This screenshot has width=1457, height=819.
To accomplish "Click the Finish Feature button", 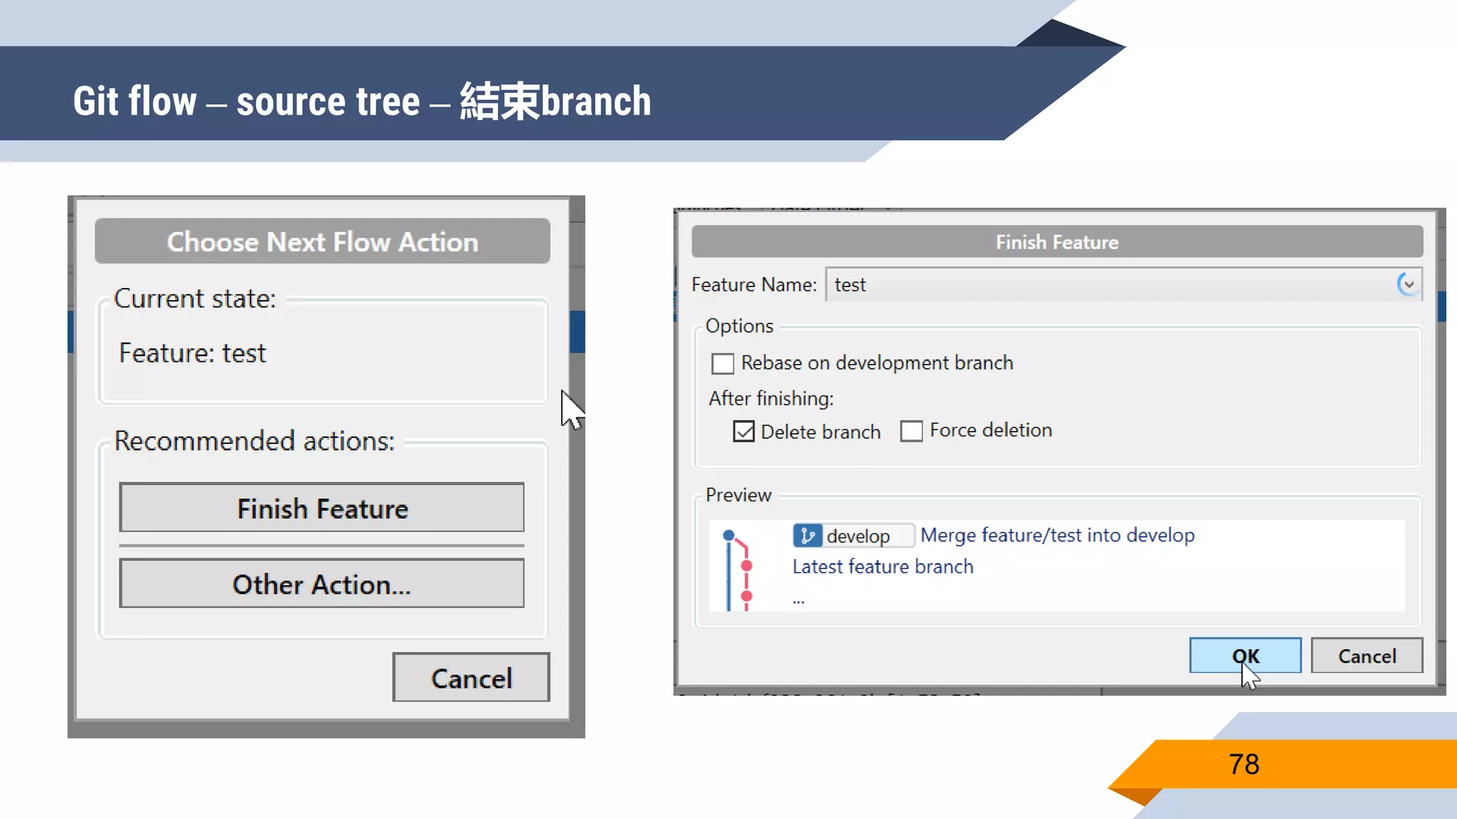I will pos(322,508).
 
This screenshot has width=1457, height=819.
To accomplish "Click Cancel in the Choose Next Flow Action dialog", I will pos(471,678).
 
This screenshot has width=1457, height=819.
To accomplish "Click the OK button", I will pos(1245,655).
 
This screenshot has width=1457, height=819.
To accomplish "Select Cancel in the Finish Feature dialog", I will pos(1367,655).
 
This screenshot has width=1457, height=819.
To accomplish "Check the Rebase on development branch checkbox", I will pos(723,363).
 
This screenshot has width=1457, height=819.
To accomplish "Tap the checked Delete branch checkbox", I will pos(743,432).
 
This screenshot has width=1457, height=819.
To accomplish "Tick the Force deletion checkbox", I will pos(911,431).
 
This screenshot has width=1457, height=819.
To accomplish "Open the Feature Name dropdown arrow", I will pos(1408,284).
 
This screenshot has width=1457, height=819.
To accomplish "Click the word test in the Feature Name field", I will pos(850,285).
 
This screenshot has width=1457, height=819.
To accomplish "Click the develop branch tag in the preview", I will pos(853,535).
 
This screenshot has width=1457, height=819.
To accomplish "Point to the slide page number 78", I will pos(1244,764).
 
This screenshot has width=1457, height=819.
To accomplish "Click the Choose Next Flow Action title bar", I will pos(322,242).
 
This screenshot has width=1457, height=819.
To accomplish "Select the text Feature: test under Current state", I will pos(192,353).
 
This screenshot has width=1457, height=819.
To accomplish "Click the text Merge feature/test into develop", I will pos(1057,535).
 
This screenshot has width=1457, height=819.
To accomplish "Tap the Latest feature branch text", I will pos(883,567).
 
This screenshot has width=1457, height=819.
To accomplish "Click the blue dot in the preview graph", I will pos(728,535).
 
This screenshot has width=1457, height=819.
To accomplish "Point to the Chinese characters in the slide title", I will pos(500,101).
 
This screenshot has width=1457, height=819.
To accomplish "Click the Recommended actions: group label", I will pos(254,441).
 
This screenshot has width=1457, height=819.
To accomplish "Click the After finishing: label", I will pos(771,398).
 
